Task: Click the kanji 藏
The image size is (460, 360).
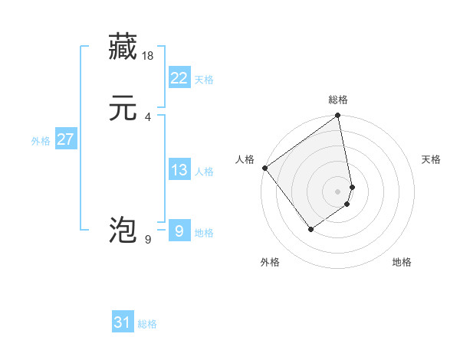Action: [x=123, y=47]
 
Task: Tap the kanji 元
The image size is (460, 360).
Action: [x=123, y=108]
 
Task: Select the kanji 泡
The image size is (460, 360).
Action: [x=123, y=230]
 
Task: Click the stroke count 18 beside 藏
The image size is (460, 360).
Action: [x=149, y=55]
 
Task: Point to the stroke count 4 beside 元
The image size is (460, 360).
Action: [x=148, y=116]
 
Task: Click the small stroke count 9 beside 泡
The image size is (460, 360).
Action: [x=148, y=239]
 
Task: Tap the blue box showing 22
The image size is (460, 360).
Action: [x=179, y=77]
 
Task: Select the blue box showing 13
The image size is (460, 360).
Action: [x=179, y=170]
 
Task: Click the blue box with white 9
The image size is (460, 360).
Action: [x=179, y=231]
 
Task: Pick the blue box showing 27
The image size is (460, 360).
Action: [x=65, y=139]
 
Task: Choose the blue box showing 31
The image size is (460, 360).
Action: [x=123, y=322]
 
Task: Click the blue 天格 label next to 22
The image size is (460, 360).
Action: [x=204, y=80]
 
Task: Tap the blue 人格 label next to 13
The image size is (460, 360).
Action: [x=204, y=172]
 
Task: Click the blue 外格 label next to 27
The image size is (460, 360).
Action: [x=41, y=141]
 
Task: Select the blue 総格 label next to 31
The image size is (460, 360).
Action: [x=147, y=325]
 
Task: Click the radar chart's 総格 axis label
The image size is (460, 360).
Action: [x=338, y=100]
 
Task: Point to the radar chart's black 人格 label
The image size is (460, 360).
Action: [x=245, y=159]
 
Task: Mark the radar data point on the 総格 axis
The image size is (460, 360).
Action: [x=338, y=116]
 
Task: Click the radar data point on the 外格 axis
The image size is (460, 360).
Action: [x=310, y=229]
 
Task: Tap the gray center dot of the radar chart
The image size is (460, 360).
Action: [x=338, y=191]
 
